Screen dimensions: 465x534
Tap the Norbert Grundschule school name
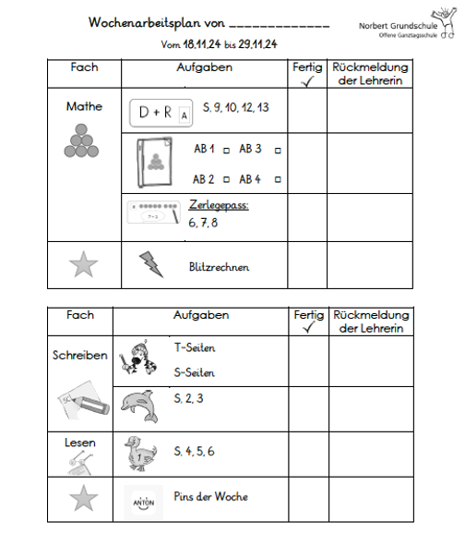tap(405, 26)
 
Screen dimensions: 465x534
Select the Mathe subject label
tap(84, 106)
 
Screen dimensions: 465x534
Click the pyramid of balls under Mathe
tap(83, 139)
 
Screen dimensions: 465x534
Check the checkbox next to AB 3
tap(278, 149)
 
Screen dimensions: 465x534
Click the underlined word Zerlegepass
tap(219, 205)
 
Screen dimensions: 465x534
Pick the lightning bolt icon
tap(149, 264)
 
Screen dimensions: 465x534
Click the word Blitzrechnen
tap(219, 267)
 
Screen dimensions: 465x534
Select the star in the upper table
tap(83, 265)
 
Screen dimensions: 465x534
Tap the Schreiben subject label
tap(80, 355)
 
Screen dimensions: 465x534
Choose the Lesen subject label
tap(80, 443)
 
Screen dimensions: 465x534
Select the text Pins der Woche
tap(210, 497)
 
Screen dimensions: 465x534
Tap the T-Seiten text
tap(194, 348)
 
